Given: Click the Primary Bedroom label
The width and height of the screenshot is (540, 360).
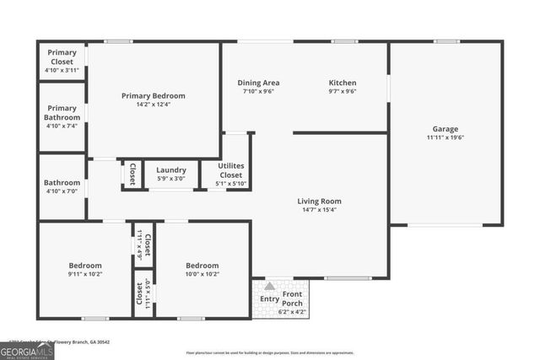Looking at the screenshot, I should click(x=153, y=96).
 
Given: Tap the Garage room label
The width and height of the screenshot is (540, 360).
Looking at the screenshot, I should click(x=445, y=129).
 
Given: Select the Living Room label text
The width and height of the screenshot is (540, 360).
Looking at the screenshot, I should click(x=319, y=201).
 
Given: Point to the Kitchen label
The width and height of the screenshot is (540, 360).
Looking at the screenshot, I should click(x=343, y=83).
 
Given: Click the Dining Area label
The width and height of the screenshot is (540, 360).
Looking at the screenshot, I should click(x=258, y=83).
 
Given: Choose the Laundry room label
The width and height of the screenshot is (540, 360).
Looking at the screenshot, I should click(x=171, y=170).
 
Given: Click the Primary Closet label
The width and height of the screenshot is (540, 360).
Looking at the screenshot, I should click(x=62, y=56).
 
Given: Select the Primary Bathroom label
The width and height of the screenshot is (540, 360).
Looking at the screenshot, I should click(x=62, y=112).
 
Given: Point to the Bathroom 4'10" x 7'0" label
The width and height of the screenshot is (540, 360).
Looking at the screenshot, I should click(x=62, y=182).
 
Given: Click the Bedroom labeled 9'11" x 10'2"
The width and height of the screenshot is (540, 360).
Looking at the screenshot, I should click(x=85, y=265).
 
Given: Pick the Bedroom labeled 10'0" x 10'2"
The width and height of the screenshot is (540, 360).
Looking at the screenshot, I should click(x=202, y=265).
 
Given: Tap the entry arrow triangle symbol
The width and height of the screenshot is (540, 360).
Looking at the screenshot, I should click(x=270, y=287).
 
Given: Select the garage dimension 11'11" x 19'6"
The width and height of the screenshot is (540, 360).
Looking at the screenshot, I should click(x=445, y=137).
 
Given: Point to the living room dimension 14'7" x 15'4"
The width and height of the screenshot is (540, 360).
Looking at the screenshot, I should click(x=319, y=210).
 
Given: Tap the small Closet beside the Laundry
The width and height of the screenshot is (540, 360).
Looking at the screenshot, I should click(x=132, y=174).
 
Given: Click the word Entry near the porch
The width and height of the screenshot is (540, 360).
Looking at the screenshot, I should click(x=269, y=298).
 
